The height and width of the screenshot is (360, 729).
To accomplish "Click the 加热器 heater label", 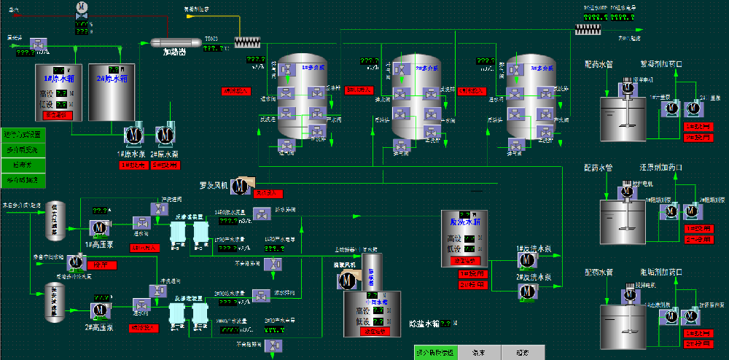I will tap(175, 52).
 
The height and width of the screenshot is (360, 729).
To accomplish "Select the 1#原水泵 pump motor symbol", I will tap(133, 135).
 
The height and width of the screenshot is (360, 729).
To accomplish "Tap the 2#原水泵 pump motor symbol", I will tap(165, 135).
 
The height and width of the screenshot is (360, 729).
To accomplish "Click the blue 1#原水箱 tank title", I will tap(60, 79).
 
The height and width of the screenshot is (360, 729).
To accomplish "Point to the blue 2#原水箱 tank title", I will tap(112, 79).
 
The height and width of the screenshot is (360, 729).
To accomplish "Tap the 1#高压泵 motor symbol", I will tap(98, 227).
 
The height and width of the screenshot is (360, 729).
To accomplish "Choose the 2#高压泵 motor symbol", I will tap(98, 309).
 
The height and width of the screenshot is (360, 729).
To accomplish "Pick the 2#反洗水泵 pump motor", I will tap(528, 291).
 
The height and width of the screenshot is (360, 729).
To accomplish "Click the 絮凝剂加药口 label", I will tap(660, 64).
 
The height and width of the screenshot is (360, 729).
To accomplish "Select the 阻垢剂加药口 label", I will tap(660, 273).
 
